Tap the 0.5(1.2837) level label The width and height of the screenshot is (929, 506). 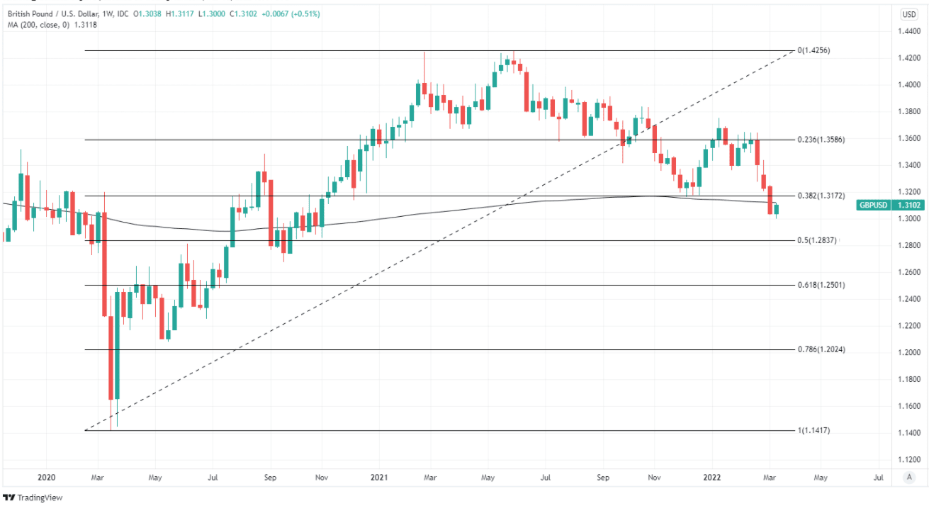pyautogui.click(x=817, y=241)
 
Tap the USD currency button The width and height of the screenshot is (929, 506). pyautogui.click(x=908, y=14)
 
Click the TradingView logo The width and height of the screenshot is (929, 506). pyautogui.click(x=33, y=497)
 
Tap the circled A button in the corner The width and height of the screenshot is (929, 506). pyautogui.click(x=908, y=478)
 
